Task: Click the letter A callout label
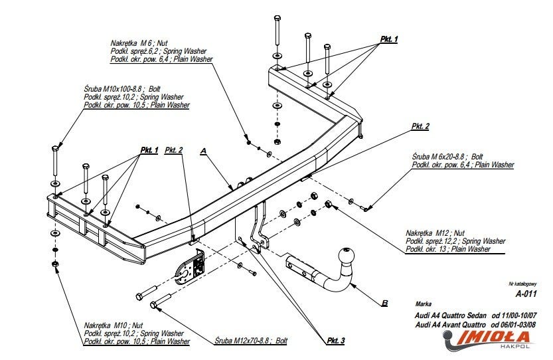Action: pos(203,151)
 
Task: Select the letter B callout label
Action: pos(385,303)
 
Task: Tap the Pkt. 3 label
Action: pos(335,341)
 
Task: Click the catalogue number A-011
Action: pos(526,294)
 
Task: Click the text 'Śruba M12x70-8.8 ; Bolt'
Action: pos(251,341)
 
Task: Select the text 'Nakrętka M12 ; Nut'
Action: pos(435,233)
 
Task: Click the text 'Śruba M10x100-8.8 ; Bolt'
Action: pos(122,88)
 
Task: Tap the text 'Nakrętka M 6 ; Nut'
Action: pos(139,43)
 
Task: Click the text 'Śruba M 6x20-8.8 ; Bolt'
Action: pos(447,156)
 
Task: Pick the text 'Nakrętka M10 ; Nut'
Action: pos(114,325)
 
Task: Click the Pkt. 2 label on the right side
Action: pos(420,126)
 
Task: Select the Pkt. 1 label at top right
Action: pos(388,39)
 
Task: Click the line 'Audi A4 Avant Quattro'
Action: pos(451,325)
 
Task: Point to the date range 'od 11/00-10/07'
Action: pos(514,315)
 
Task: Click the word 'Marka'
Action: pos(424,304)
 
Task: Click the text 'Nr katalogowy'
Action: pos(522,284)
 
